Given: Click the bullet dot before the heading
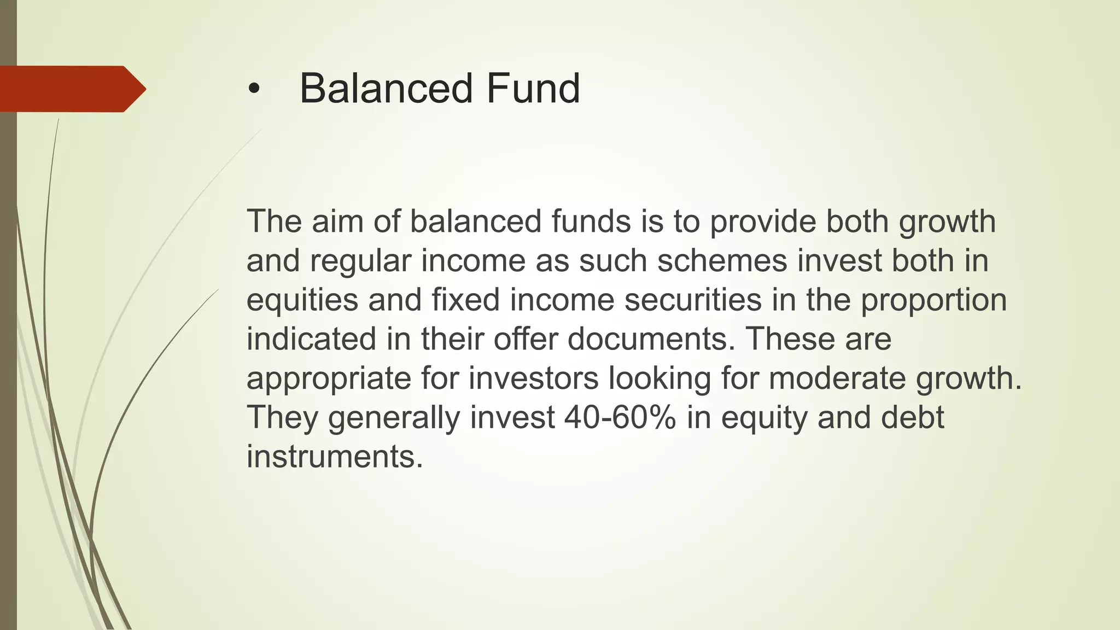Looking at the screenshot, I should pos(252,90).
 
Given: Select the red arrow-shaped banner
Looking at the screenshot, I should pos(71,89).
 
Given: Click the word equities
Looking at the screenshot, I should pos(302,300).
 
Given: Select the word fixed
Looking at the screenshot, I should pos(465,300).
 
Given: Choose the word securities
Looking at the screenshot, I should pos(693,300).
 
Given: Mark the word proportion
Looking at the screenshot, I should pos(934,300).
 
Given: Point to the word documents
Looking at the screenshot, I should pos(651,339).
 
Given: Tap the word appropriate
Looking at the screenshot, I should pos(328,379).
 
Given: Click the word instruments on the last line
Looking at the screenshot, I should pos(335,457).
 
